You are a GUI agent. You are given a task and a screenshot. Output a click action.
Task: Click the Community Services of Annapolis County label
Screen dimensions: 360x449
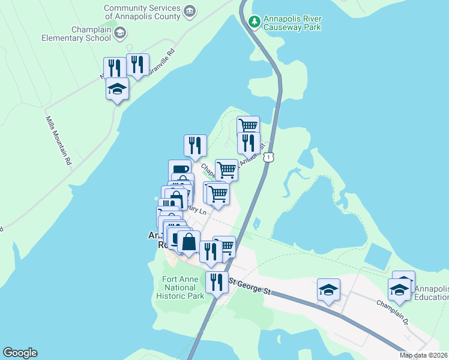(142, 12)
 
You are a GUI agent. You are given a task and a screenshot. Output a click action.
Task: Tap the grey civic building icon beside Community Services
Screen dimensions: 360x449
(190, 10)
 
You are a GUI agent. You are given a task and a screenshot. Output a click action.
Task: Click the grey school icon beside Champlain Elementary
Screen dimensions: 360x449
(120, 32)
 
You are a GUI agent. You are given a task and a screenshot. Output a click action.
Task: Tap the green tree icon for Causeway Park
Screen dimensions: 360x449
(255, 22)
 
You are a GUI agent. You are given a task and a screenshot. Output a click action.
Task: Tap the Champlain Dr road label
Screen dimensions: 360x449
(394, 314)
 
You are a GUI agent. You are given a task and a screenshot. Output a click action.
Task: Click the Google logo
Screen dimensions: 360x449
(20, 353)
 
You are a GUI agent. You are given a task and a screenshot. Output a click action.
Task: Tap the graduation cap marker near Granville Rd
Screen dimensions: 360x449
(117, 90)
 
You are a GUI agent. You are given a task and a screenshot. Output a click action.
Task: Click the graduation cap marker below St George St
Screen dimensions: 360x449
(328, 290)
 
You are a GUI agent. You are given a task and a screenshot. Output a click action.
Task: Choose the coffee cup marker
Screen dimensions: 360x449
(179, 170)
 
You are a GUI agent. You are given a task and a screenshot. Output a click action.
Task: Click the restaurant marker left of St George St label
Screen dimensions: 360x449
(217, 282)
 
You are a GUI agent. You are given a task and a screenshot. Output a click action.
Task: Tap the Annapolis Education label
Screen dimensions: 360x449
(431, 293)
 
